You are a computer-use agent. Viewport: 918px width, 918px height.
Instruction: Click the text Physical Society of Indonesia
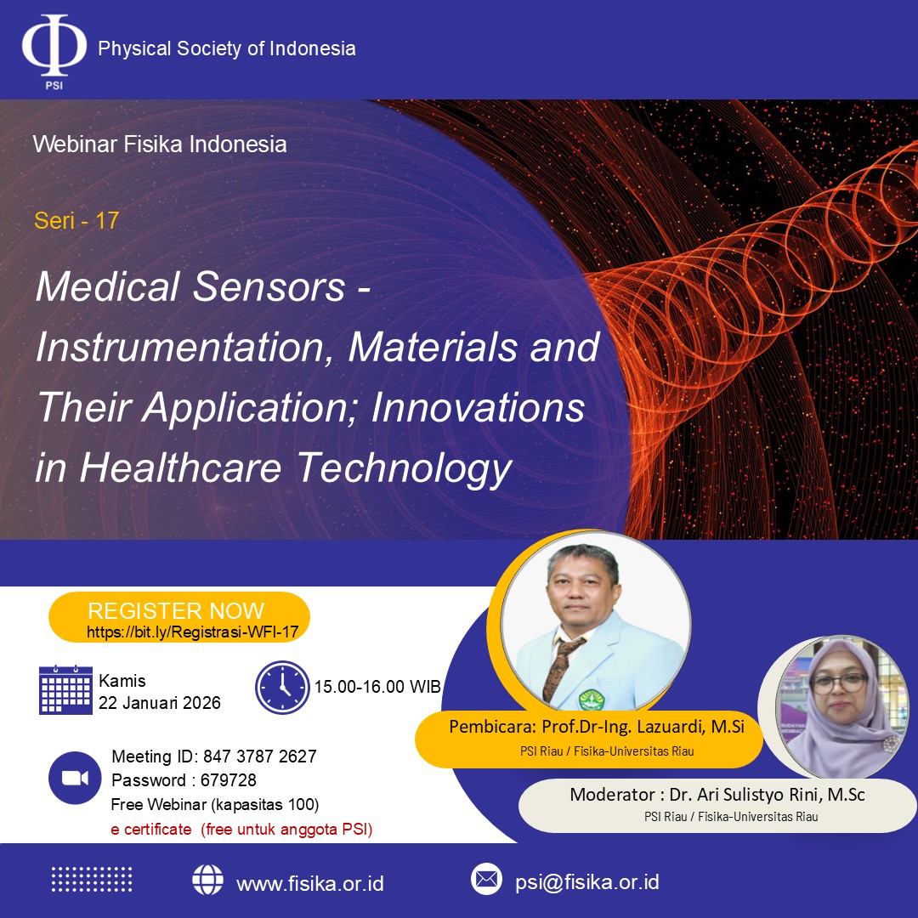(227, 48)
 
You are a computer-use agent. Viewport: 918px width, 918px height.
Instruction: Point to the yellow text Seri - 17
(76, 221)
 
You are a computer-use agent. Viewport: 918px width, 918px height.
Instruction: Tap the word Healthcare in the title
(180, 467)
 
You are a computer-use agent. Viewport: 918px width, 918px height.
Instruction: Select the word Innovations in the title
(479, 407)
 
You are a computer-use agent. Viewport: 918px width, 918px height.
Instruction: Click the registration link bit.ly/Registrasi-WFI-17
(193, 632)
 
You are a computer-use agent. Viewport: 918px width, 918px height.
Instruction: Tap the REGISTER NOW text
(176, 610)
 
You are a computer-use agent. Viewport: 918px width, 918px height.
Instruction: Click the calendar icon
(65, 689)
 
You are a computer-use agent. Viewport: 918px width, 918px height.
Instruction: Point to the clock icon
(282, 688)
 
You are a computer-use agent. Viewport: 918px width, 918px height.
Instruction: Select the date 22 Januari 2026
(159, 703)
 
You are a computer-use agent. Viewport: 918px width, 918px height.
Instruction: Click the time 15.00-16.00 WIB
(377, 686)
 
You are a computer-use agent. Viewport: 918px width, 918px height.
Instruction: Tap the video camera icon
(75, 778)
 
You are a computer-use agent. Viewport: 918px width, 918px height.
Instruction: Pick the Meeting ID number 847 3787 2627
(259, 756)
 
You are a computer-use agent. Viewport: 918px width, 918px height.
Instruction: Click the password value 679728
(229, 779)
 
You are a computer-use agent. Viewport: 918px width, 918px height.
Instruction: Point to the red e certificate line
(241, 829)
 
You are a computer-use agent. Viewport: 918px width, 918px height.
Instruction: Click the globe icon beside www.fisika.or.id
(208, 880)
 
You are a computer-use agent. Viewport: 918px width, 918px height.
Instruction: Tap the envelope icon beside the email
(486, 879)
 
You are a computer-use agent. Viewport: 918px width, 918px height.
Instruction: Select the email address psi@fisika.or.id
(587, 881)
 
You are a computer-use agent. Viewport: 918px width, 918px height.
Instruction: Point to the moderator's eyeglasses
(840, 683)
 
